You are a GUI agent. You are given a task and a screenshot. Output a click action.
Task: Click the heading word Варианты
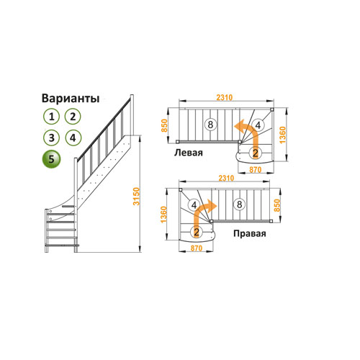71,99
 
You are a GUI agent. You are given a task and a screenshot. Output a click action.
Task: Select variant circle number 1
51,117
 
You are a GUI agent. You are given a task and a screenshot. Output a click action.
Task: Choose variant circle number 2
73,117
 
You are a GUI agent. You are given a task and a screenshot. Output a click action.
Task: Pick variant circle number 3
51,138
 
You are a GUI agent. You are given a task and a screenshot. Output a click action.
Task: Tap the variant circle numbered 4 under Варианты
73,138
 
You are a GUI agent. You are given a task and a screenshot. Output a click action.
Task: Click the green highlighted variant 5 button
51,159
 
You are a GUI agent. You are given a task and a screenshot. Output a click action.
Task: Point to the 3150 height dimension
136,197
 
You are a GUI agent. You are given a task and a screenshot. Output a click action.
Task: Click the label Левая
189,153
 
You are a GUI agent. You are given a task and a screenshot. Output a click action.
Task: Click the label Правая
250,233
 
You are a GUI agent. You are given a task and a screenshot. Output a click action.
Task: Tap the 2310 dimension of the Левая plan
225,97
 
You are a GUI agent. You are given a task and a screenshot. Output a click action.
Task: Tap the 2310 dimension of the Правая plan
226,178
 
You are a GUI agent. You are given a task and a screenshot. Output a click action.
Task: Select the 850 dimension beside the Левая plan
164,125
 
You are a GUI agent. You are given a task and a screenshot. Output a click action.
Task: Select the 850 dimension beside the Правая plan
276,205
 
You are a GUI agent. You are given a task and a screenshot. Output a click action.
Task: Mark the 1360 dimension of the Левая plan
283,135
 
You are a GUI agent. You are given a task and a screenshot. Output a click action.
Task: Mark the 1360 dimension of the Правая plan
163,215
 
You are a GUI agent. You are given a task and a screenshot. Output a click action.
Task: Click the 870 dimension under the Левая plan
255,170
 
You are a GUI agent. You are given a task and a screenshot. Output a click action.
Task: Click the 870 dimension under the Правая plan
197,248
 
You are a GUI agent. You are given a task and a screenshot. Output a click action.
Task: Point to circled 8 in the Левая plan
210,125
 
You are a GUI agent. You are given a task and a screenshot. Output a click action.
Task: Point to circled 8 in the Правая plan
239,204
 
